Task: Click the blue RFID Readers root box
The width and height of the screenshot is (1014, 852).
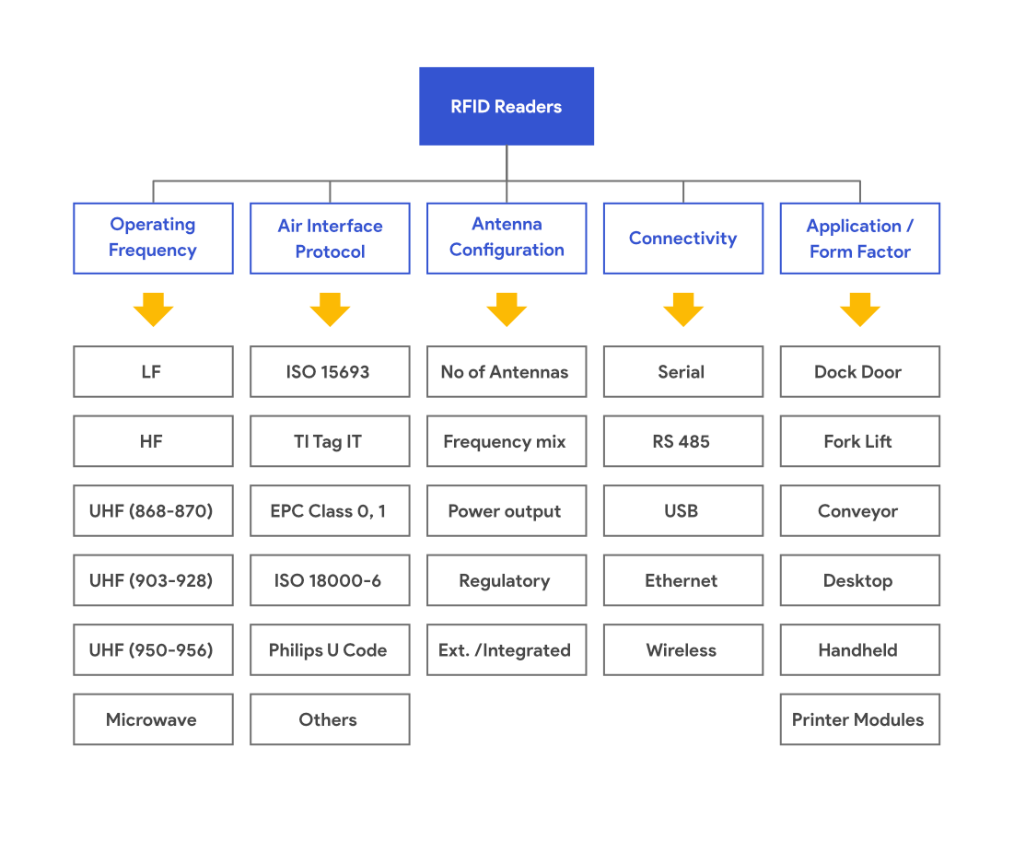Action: click(506, 106)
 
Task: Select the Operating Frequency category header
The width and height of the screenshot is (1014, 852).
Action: click(153, 238)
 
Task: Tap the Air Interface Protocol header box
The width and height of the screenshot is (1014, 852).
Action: click(330, 238)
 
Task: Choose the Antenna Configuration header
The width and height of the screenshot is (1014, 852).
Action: click(507, 238)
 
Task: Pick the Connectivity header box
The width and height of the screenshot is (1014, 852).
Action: click(682, 238)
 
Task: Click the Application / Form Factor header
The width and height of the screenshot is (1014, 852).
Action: click(859, 238)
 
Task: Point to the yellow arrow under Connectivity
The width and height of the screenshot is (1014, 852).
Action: click(682, 309)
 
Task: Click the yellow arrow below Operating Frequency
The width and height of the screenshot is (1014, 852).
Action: click(153, 309)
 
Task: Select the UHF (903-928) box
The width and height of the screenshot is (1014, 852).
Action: click(153, 580)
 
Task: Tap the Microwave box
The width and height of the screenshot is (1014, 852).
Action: click(153, 719)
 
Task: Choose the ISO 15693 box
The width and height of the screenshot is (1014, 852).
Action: click(330, 372)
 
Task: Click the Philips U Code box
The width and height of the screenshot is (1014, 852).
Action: click(330, 650)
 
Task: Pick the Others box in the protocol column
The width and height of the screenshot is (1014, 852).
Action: click(330, 719)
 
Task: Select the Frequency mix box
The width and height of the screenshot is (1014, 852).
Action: click(507, 441)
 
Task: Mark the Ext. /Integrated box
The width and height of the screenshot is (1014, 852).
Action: click(507, 650)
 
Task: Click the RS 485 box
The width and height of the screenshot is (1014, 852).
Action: click(682, 441)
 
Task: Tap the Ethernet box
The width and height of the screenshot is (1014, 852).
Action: click(682, 580)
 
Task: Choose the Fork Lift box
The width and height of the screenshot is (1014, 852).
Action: click(859, 441)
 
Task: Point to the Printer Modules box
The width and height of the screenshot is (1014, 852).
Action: click(859, 719)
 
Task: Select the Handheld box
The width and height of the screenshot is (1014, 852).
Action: click(859, 650)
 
